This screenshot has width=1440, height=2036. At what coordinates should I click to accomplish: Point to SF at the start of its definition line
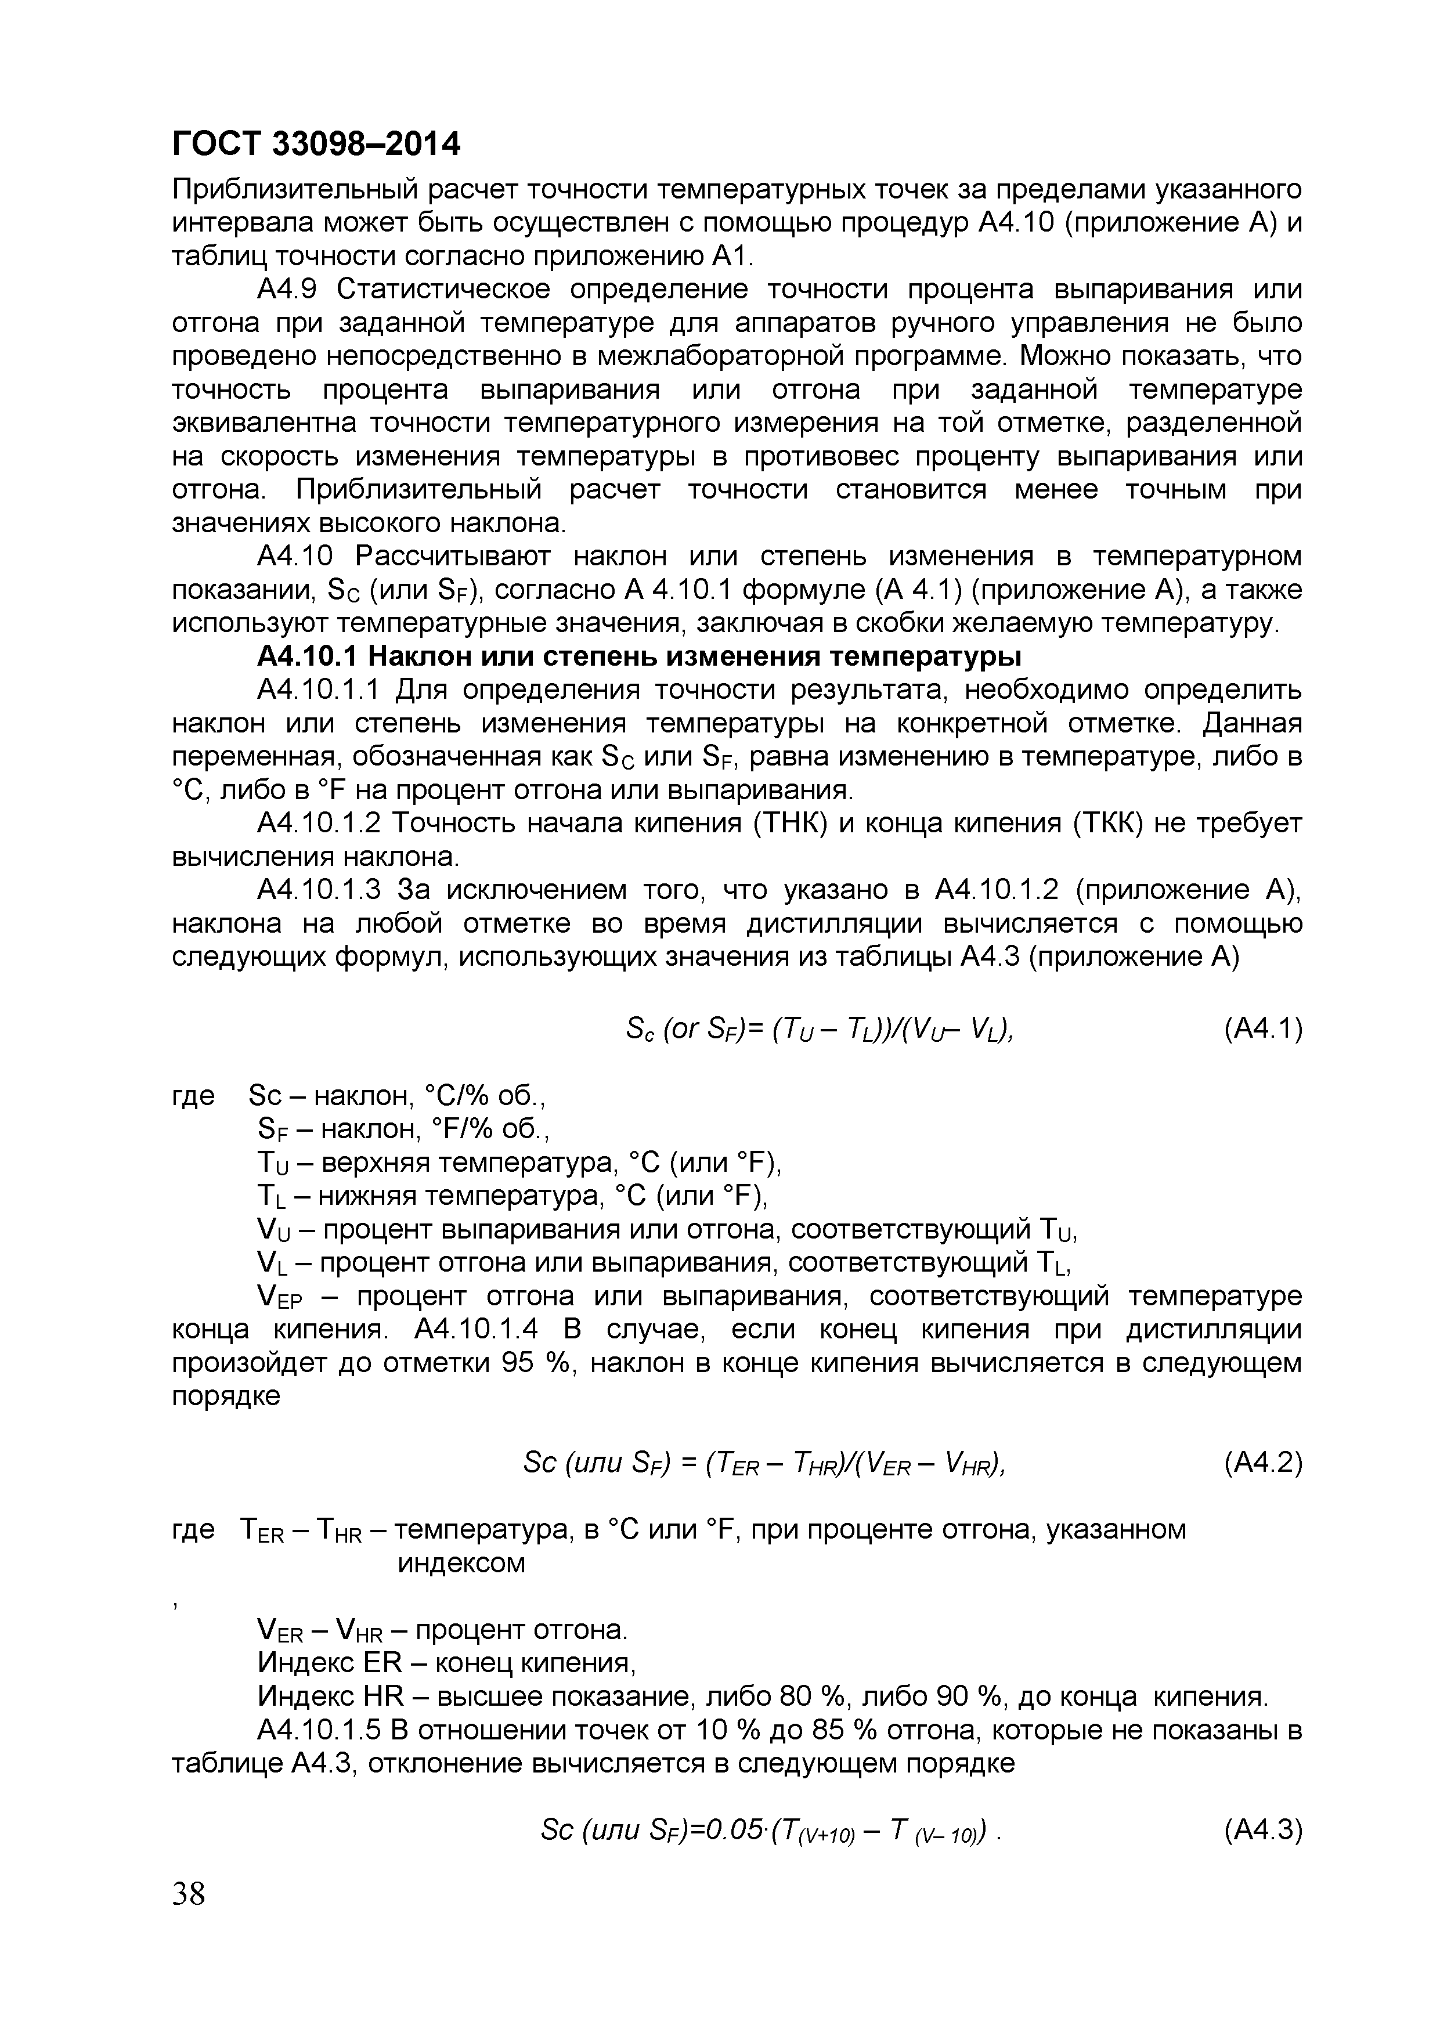coord(268,1130)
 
